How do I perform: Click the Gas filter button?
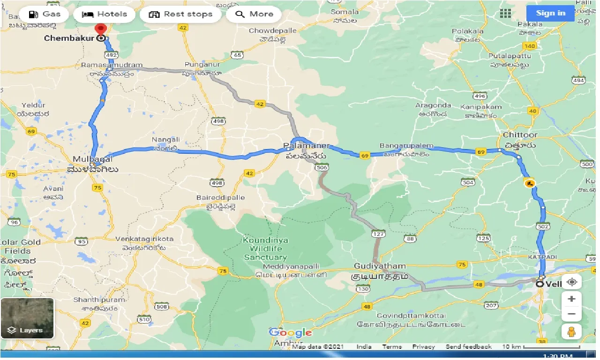pos(44,14)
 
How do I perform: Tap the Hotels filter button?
pos(104,14)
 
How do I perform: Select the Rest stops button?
pos(180,14)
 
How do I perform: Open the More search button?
pos(254,14)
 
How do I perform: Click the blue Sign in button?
pos(550,13)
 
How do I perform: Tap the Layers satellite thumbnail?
pos(27,318)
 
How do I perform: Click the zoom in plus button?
pos(571,299)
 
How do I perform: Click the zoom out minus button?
pos(571,314)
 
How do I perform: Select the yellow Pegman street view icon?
pos(571,332)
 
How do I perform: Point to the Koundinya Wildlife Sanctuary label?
pos(265,248)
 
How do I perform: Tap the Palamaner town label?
pos(307,146)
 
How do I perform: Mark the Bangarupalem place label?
pos(406,146)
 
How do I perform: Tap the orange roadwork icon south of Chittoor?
pos(530,183)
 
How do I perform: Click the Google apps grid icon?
pos(505,13)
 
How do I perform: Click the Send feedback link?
pos(468,347)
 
